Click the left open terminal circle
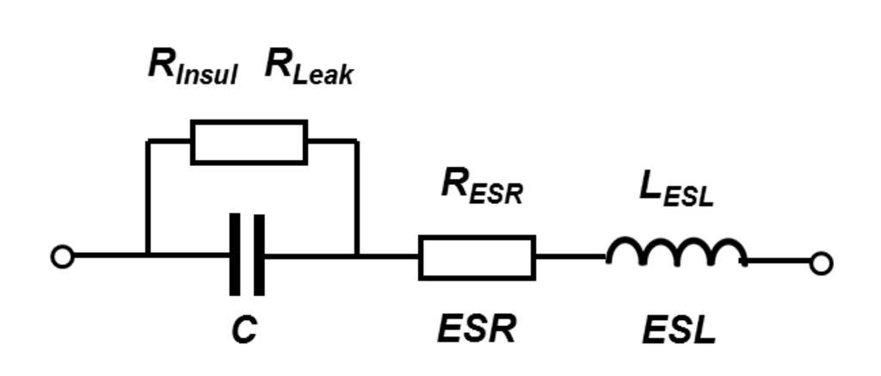pyautogui.click(x=62, y=256)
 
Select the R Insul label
pyautogui.click(x=192, y=66)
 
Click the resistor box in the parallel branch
pyautogui.click(x=249, y=142)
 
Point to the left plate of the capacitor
pyautogui.click(x=235, y=255)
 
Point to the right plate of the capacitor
pyautogui.click(x=259, y=255)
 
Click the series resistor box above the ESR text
pyautogui.click(x=477, y=257)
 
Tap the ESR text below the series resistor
pyautogui.click(x=477, y=329)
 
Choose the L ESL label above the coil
pyautogui.click(x=676, y=188)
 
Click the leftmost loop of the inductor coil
pyautogui.click(x=625, y=250)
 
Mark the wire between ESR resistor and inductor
pyautogui.click(x=570, y=256)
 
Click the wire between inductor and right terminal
pyautogui.click(x=778, y=260)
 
